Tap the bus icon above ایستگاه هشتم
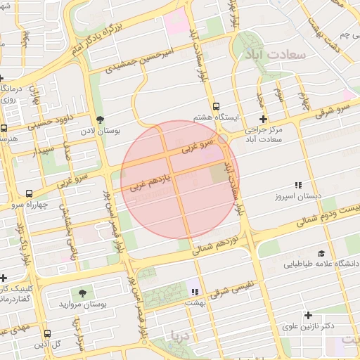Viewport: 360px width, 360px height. click(x=215, y=105)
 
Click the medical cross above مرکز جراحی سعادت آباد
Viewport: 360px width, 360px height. click(x=264, y=119)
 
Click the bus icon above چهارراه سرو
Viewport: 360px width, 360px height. click(x=29, y=193)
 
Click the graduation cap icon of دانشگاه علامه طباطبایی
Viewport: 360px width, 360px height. click(x=321, y=253)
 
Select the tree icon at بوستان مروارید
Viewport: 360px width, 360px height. click(x=84, y=292)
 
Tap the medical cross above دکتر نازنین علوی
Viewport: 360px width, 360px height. click(x=307, y=315)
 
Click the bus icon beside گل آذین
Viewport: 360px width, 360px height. click(x=46, y=334)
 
